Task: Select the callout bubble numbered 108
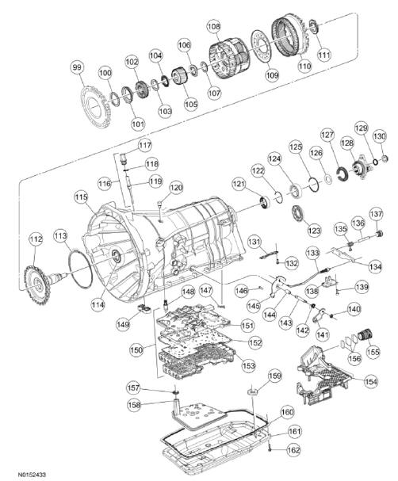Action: [213, 27]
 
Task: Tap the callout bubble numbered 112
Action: [35, 238]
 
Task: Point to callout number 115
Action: [81, 196]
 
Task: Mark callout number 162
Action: [293, 449]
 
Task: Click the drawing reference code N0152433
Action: [21, 473]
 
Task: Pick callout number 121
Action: [239, 183]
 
